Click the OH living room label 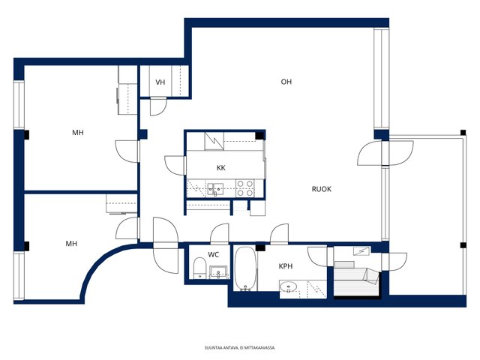tap(286, 82)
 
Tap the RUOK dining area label tap(322, 189)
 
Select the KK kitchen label tap(221, 168)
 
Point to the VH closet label tap(160, 82)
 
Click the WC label tap(213, 255)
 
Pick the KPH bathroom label tap(286, 266)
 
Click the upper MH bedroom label tap(78, 133)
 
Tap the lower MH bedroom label tap(71, 244)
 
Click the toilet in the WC tap(200, 268)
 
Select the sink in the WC tap(218, 272)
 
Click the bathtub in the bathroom tap(245, 268)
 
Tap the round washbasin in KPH tap(288, 286)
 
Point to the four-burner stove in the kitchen tap(245, 188)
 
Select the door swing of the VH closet tap(158, 106)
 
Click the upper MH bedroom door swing tap(127, 151)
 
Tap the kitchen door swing tap(175, 165)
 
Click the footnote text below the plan tap(240, 348)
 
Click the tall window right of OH tap(381, 78)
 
